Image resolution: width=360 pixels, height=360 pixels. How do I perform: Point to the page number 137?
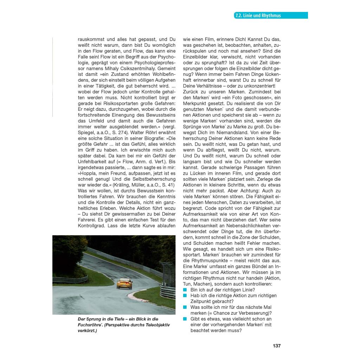(x=276, y=346)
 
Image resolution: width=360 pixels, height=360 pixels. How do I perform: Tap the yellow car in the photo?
(x=122, y=283)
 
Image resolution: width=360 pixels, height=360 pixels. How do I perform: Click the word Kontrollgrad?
(x=92, y=225)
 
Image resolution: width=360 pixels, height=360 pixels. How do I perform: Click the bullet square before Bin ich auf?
(x=185, y=290)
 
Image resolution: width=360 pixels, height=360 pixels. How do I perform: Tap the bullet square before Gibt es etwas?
(x=185, y=319)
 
